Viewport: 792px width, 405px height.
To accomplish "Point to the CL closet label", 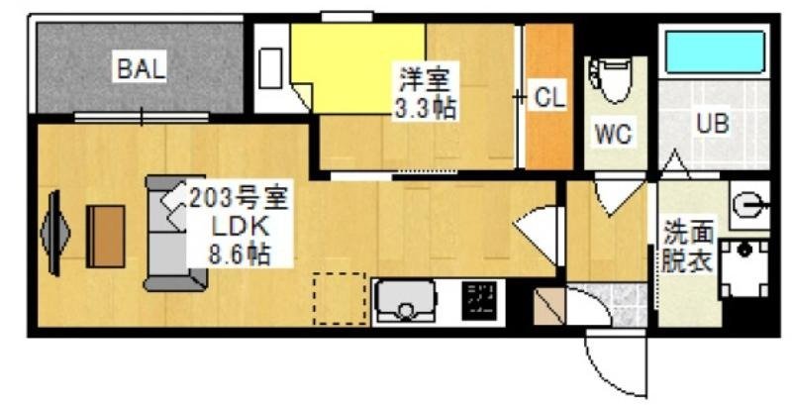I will point(549,97).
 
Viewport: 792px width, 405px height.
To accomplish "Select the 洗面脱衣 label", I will point(686,249).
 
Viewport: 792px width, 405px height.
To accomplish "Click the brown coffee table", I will point(105,236).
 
